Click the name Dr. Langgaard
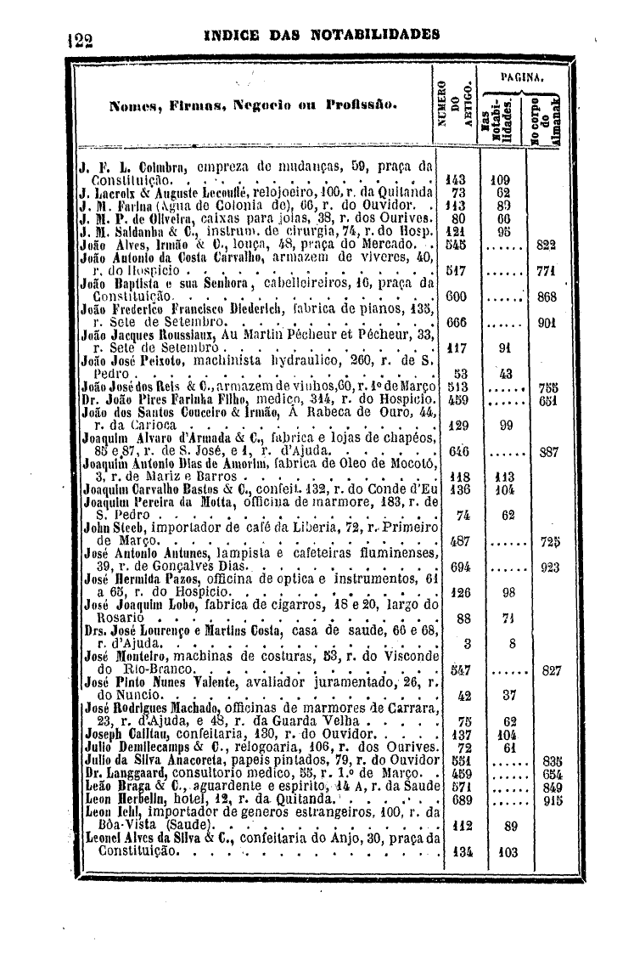point(118,774)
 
